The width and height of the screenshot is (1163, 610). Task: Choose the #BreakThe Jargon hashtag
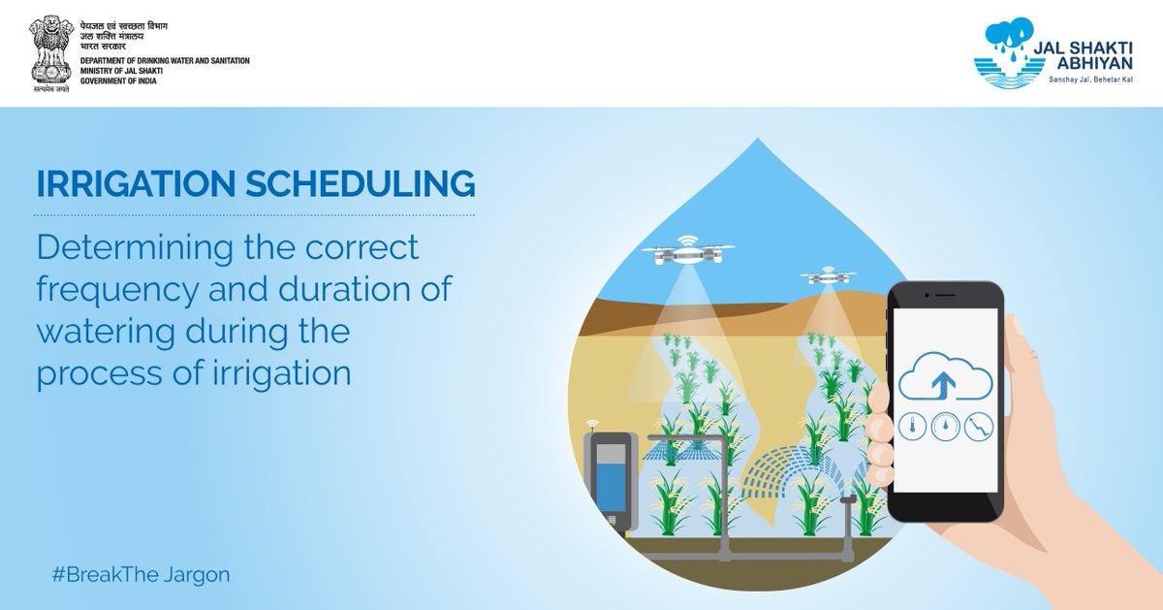[141, 574]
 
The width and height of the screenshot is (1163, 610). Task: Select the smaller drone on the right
[828, 276]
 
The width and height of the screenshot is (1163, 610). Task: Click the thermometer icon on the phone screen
[911, 426]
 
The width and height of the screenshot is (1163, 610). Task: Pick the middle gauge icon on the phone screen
[945, 426]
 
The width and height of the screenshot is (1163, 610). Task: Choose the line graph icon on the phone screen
[977, 426]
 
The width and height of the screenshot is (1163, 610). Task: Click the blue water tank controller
[610, 480]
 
